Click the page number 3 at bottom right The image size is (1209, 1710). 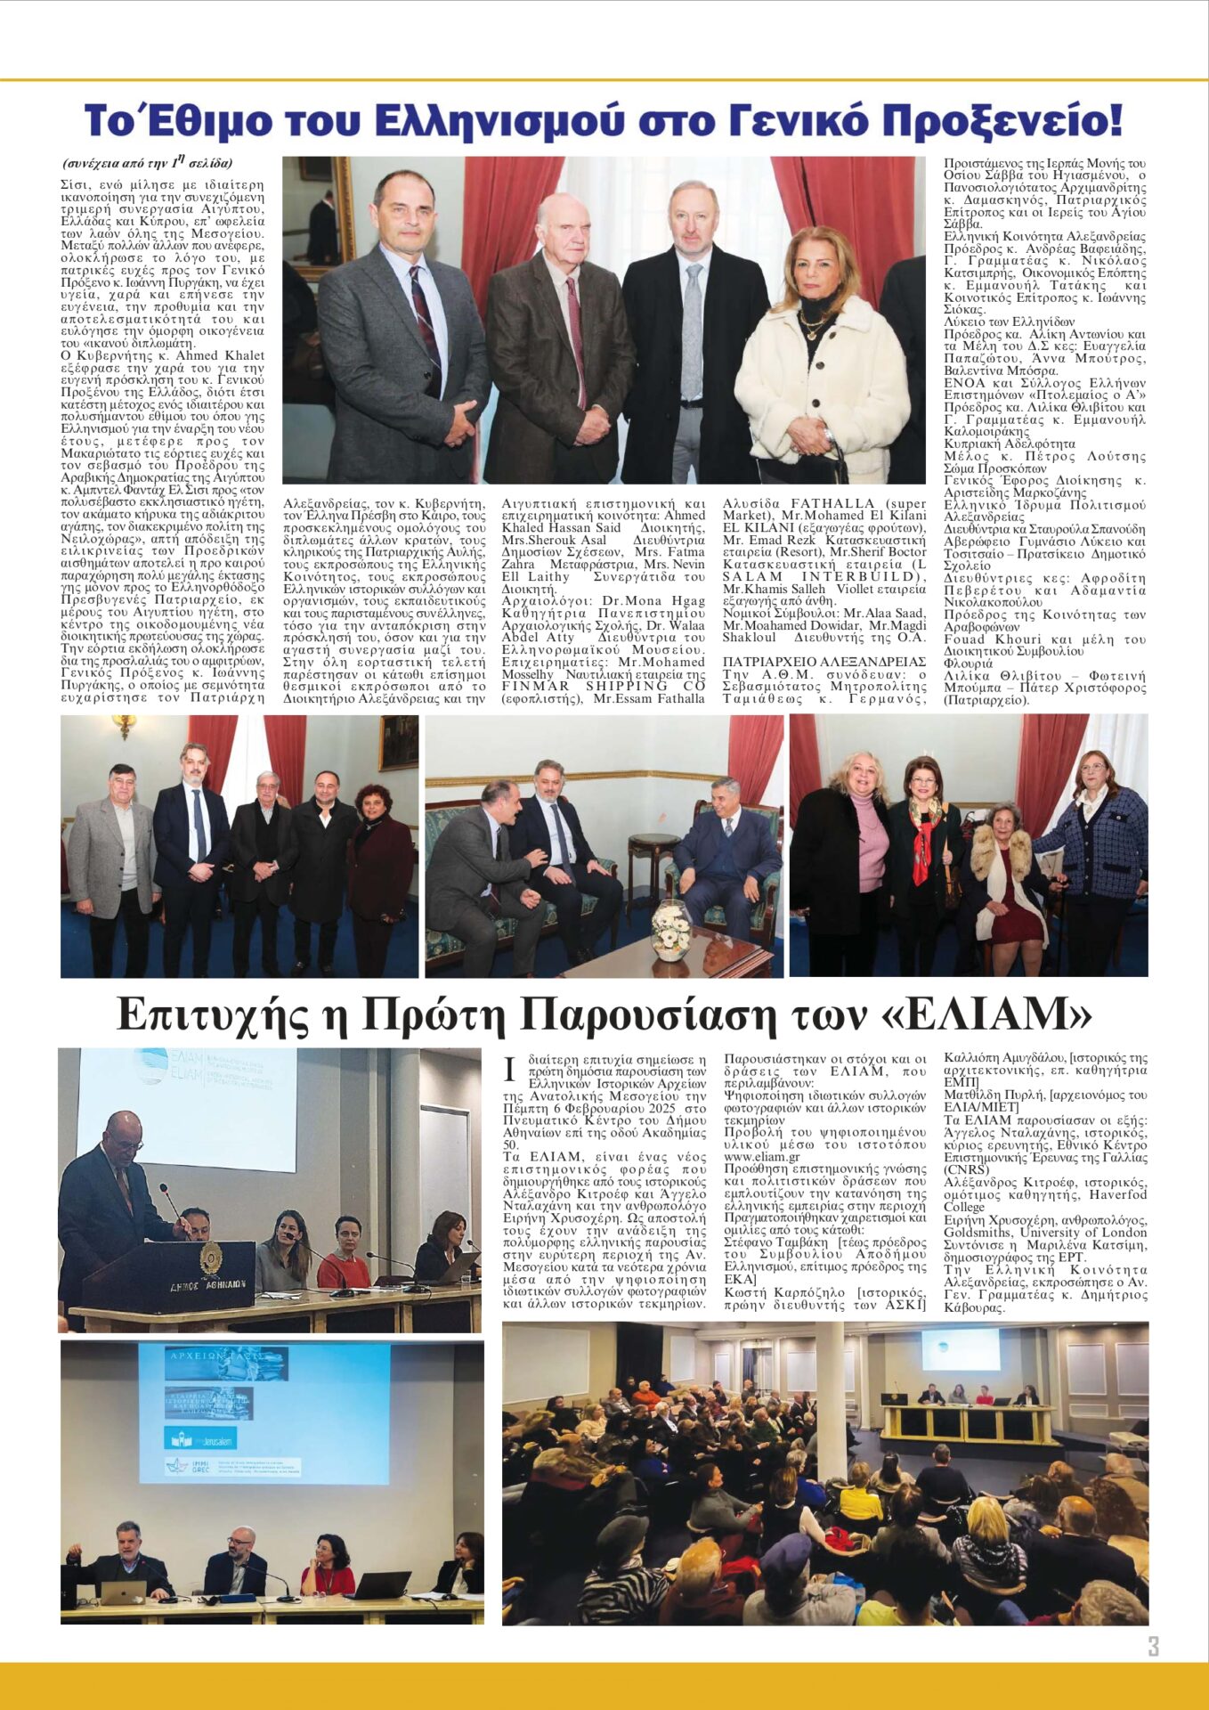pyautogui.click(x=1153, y=1646)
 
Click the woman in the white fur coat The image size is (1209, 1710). pyautogui.click(x=819, y=374)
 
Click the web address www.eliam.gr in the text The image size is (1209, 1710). pyautogui.click(x=761, y=1157)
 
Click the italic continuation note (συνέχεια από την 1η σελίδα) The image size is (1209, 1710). pyautogui.click(x=147, y=163)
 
